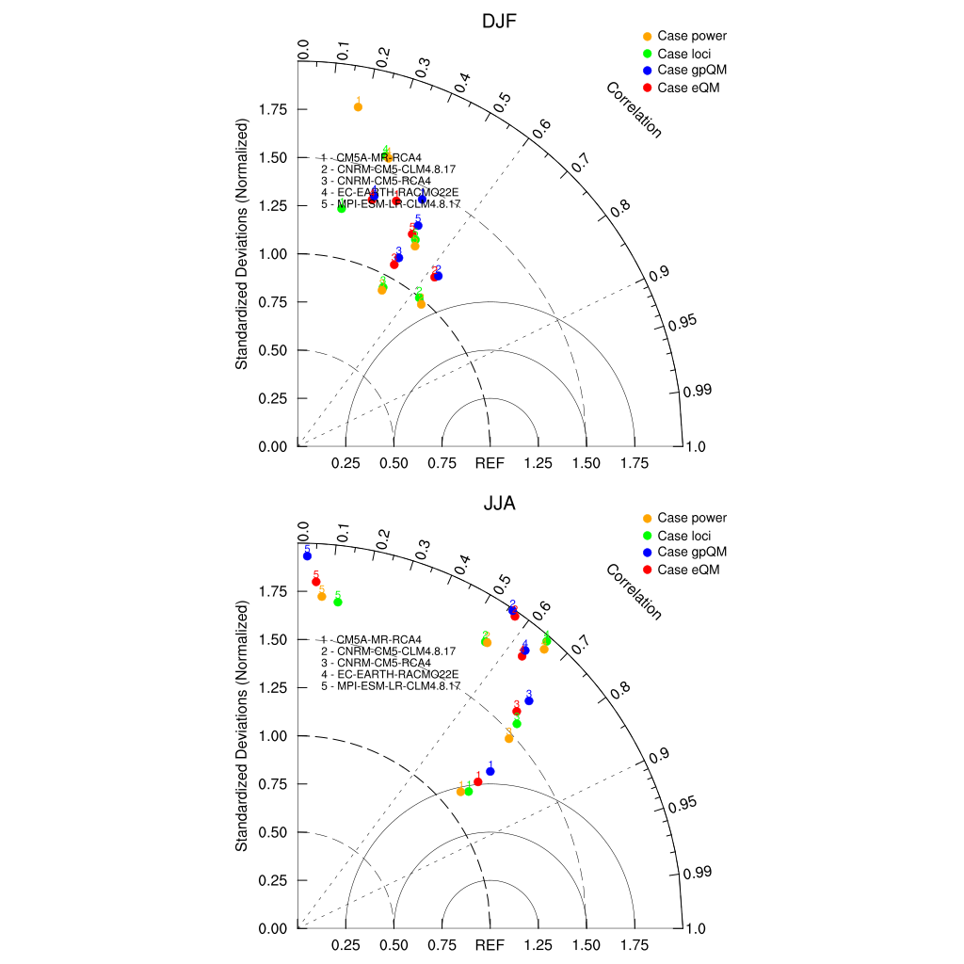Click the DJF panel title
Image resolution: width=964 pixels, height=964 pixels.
488,21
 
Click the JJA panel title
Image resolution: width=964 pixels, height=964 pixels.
488,504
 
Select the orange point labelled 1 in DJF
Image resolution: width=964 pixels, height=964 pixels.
358,107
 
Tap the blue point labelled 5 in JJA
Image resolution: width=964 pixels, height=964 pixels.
307,556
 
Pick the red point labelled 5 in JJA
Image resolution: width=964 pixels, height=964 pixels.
316,582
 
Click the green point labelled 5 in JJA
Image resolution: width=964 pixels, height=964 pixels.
338,602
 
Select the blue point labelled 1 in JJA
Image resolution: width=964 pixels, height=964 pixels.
490,771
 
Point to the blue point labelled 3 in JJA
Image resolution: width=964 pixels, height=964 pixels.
529,700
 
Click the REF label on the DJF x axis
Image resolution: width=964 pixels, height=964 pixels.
490,463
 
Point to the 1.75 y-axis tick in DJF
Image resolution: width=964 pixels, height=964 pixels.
273,110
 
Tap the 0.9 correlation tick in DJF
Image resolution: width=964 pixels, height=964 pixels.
660,272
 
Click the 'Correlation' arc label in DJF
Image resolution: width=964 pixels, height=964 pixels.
635,110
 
